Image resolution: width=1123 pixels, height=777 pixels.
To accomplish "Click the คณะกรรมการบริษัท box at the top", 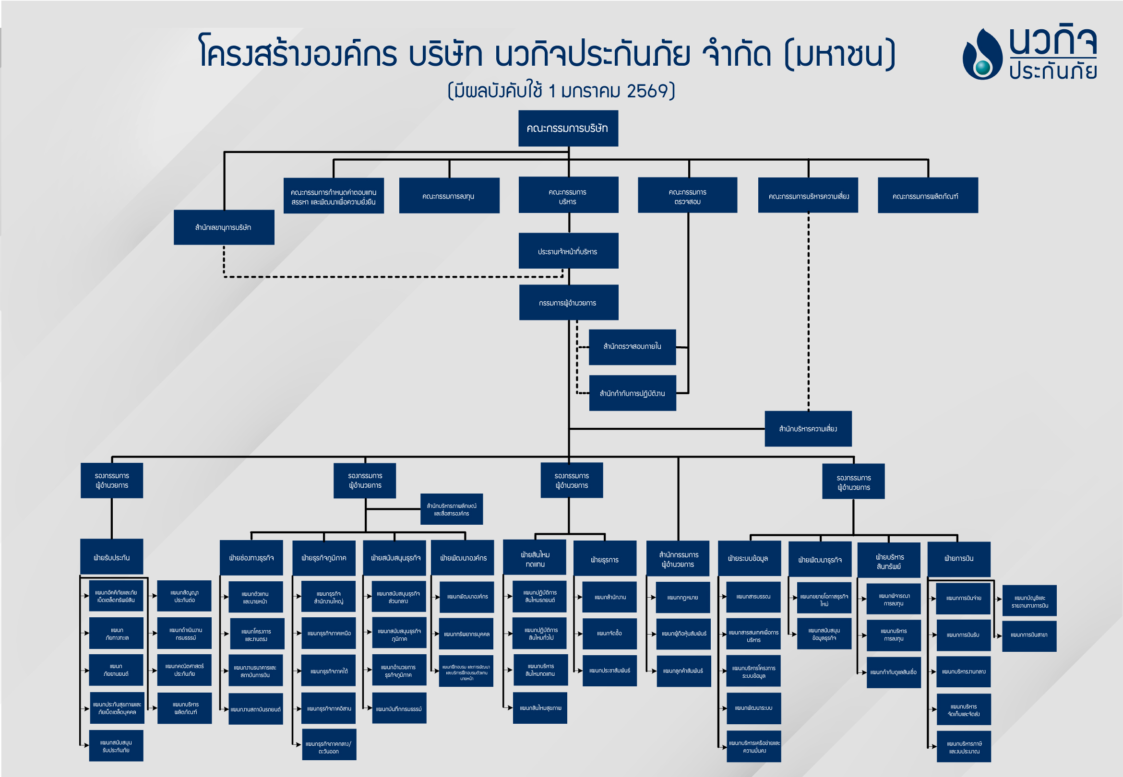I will coord(568,128).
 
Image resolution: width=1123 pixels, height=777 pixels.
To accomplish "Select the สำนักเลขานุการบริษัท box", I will coord(224,227).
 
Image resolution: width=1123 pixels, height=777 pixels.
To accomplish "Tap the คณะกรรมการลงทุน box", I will coord(449,196).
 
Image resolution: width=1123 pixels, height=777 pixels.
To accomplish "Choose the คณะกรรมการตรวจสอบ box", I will coord(687,196).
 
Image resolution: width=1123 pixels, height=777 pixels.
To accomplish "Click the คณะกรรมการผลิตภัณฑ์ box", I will coord(927,196).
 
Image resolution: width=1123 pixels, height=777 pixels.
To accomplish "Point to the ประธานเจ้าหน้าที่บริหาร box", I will coord(568,251).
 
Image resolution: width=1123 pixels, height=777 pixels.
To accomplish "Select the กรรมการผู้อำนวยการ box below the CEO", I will coord(568,302).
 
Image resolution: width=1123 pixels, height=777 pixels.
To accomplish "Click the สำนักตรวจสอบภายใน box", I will coord(632,347).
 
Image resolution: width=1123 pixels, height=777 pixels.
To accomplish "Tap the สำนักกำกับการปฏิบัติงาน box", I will coord(632,393).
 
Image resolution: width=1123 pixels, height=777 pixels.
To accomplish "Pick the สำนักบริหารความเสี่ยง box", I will coord(808,429).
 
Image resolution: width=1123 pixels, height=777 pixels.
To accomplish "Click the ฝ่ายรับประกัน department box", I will coord(111,557).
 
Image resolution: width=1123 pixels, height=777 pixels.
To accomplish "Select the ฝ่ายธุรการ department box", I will coord(604,559).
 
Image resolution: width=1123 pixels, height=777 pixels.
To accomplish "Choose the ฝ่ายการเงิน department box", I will coord(958,558).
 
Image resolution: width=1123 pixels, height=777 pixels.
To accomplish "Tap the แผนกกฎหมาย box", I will coord(683,597).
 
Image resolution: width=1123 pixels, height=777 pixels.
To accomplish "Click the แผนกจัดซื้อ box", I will coord(609,634).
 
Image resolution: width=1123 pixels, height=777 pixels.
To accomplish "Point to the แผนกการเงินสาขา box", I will coord(1028,636).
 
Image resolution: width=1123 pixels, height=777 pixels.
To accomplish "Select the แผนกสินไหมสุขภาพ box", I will coord(539,708).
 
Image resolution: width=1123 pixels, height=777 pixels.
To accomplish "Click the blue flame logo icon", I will coord(982,55).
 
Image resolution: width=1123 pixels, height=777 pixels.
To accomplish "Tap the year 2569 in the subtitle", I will coord(647,91).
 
